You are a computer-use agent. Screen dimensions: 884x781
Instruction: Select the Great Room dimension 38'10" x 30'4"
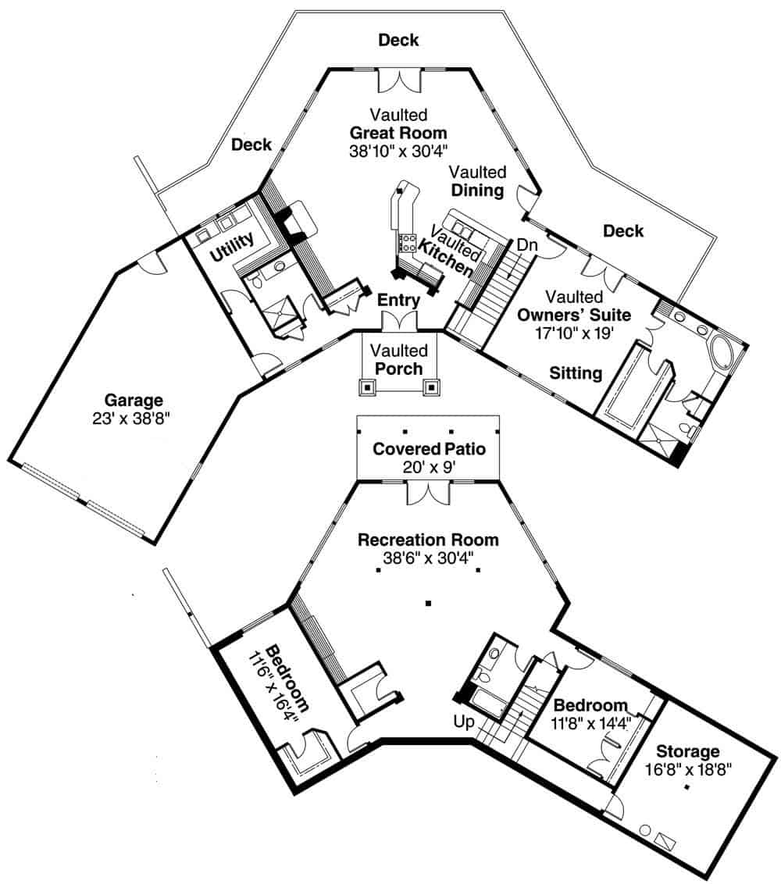398,150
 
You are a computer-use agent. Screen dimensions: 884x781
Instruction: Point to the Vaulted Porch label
399,360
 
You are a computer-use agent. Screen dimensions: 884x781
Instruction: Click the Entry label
398,300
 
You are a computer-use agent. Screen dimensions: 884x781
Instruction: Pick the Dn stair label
528,245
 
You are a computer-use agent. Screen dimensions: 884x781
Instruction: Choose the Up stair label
464,722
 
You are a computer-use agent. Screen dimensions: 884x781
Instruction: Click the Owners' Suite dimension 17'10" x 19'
574,332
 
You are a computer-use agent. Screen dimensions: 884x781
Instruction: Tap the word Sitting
576,372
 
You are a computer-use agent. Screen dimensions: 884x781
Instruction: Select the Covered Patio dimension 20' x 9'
428,467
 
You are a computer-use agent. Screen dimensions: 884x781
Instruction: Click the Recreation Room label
428,540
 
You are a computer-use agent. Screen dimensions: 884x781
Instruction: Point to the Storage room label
687,751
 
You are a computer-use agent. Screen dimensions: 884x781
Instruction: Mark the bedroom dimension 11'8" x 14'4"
591,722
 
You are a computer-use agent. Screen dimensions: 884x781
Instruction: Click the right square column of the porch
431,387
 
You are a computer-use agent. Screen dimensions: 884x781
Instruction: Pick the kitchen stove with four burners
407,241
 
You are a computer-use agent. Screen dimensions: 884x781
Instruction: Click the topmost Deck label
398,40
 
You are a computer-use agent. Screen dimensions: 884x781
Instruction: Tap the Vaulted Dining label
478,180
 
